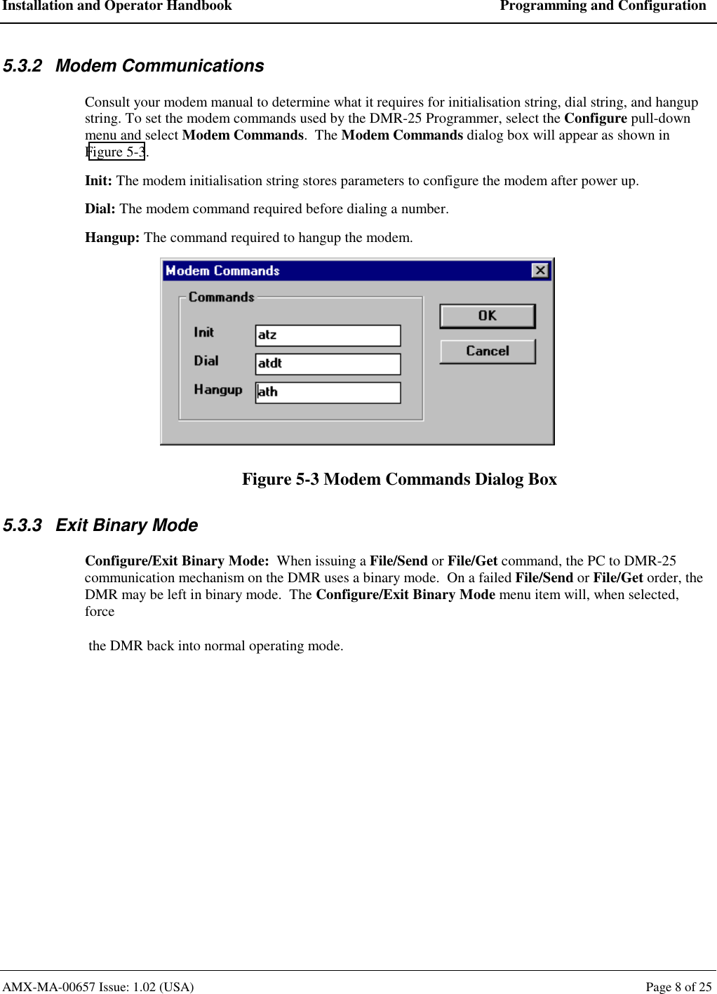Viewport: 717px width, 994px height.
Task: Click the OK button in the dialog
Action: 487,316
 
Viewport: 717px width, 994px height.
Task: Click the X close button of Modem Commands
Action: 540,271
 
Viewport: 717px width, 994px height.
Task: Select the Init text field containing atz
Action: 328,335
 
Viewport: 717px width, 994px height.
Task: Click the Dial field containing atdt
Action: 328,364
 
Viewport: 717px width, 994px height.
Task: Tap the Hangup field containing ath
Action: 328,392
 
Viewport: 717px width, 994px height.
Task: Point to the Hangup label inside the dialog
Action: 217,389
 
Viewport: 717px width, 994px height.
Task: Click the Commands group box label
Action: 221,297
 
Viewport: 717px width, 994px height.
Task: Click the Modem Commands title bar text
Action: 222,271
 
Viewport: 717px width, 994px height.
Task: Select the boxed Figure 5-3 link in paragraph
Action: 116,152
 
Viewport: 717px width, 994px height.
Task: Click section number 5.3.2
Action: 22,66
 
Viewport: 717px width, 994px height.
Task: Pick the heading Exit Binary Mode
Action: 126,525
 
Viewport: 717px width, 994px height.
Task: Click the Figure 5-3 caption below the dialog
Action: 399,479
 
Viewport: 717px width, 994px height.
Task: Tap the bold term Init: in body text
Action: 98,181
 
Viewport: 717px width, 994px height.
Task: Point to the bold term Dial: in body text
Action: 100,209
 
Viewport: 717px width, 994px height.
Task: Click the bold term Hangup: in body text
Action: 112,238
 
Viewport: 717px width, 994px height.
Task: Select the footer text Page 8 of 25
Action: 678,987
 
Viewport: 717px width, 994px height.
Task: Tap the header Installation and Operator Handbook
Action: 116,6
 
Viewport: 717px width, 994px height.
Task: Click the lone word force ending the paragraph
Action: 100,612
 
